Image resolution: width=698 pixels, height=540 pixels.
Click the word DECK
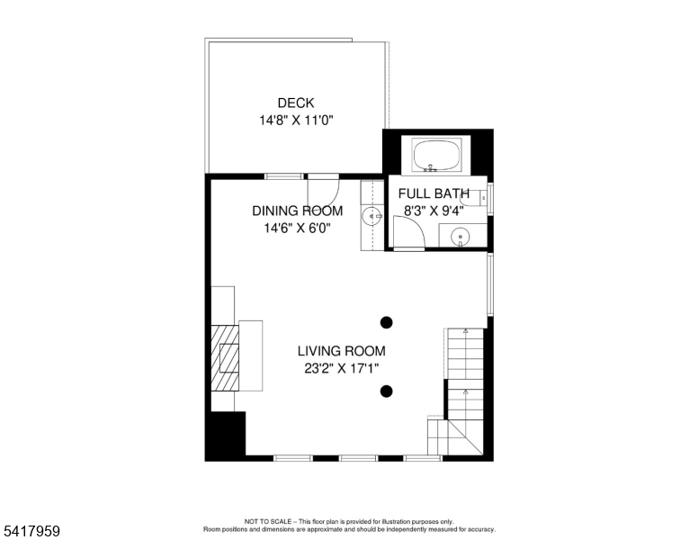(x=296, y=103)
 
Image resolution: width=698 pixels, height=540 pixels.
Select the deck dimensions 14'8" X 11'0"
(x=296, y=120)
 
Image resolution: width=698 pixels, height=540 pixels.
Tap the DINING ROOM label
(x=297, y=211)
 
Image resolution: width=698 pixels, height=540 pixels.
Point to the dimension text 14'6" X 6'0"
(x=297, y=228)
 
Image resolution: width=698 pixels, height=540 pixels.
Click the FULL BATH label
(x=434, y=193)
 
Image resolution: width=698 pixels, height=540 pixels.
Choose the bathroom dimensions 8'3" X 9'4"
(x=434, y=211)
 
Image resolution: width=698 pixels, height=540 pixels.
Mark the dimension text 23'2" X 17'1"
(x=341, y=368)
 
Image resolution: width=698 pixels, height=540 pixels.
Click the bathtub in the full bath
(x=437, y=155)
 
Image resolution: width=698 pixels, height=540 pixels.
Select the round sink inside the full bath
(x=461, y=237)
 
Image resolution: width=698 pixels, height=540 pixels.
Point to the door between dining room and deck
(x=322, y=190)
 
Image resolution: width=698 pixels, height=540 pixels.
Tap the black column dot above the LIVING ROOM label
(x=387, y=321)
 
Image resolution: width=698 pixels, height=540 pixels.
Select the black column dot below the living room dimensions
(x=387, y=391)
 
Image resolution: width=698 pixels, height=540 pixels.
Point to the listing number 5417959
(x=31, y=532)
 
